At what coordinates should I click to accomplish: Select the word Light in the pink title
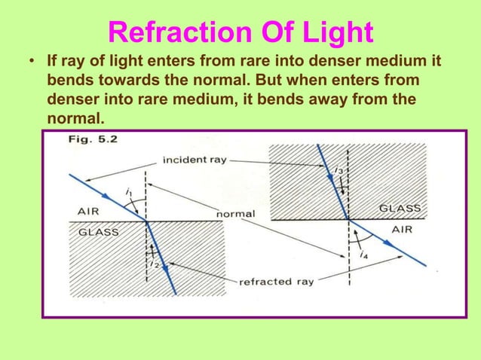tap(332, 32)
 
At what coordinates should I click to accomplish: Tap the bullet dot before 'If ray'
tap(29, 60)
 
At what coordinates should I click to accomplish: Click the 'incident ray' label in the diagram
tap(195, 160)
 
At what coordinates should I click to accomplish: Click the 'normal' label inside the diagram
tap(236, 214)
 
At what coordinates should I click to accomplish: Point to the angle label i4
tap(364, 255)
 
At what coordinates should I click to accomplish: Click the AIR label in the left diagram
tap(89, 212)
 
